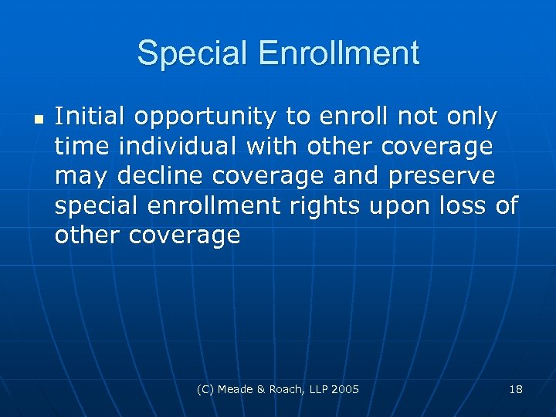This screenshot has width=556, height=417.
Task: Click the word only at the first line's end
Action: click(470, 117)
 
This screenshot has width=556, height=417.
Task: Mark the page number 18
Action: click(516, 389)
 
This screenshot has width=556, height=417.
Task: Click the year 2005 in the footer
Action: click(345, 389)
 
